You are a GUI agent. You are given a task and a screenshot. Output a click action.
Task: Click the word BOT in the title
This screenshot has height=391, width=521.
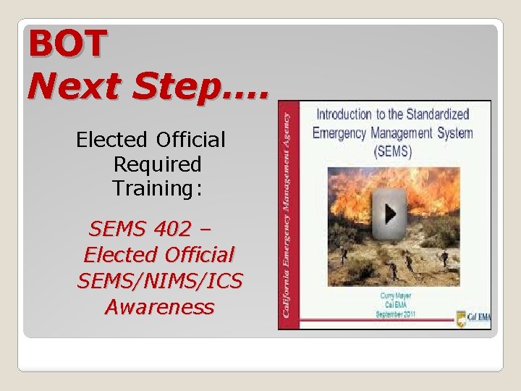(x=67, y=44)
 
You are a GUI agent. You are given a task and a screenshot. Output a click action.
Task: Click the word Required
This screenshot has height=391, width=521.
(x=157, y=164)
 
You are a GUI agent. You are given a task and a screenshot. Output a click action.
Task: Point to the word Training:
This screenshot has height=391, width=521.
(x=157, y=189)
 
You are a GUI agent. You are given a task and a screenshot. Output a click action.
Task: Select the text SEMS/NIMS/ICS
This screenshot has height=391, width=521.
(x=159, y=281)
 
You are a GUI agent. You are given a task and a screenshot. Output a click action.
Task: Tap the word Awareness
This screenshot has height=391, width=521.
(x=159, y=307)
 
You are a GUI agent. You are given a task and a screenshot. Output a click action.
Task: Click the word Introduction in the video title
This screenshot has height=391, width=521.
(x=343, y=114)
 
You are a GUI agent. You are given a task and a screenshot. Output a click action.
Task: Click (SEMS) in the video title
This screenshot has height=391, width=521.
(x=393, y=152)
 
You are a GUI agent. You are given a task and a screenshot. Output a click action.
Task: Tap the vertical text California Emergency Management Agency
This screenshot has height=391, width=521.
(x=287, y=215)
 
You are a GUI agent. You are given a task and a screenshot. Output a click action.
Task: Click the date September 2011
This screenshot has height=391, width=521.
(x=394, y=315)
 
